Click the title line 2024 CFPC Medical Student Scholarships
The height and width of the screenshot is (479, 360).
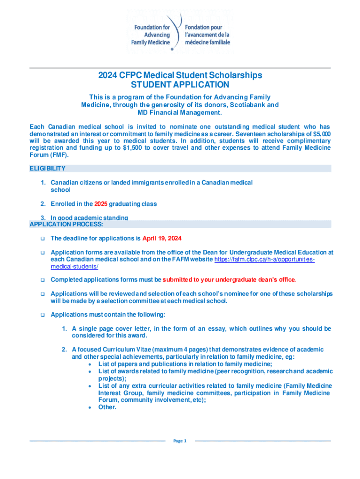pyautogui.click(x=180, y=75)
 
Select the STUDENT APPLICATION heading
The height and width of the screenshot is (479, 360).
pyautogui.click(x=180, y=85)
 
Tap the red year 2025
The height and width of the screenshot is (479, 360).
pyautogui.click(x=101, y=204)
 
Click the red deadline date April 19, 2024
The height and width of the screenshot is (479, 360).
pyautogui.click(x=162, y=238)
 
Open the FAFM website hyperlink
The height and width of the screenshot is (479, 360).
pyautogui.click(x=264, y=259)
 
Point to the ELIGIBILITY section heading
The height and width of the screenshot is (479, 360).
pyautogui.click(x=47, y=168)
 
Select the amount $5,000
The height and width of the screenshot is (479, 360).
pyautogui.click(x=321, y=134)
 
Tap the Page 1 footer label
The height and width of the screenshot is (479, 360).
pyautogui.click(x=180, y=441)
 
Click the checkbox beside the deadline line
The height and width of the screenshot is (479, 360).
pyautogui.click(x=42, y=238)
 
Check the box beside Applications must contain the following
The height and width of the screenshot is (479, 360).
pyautogui.click(x=42, y=315)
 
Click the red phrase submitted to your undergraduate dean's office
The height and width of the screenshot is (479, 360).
pyautogui.click(x=229, y=280)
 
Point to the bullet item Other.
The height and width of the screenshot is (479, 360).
pyautogui.click(x=107, y=407)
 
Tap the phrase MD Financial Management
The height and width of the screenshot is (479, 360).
pyautogui.click(x=180, y=113)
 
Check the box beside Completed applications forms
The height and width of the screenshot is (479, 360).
pyautogui.click(x=42, y=280)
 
